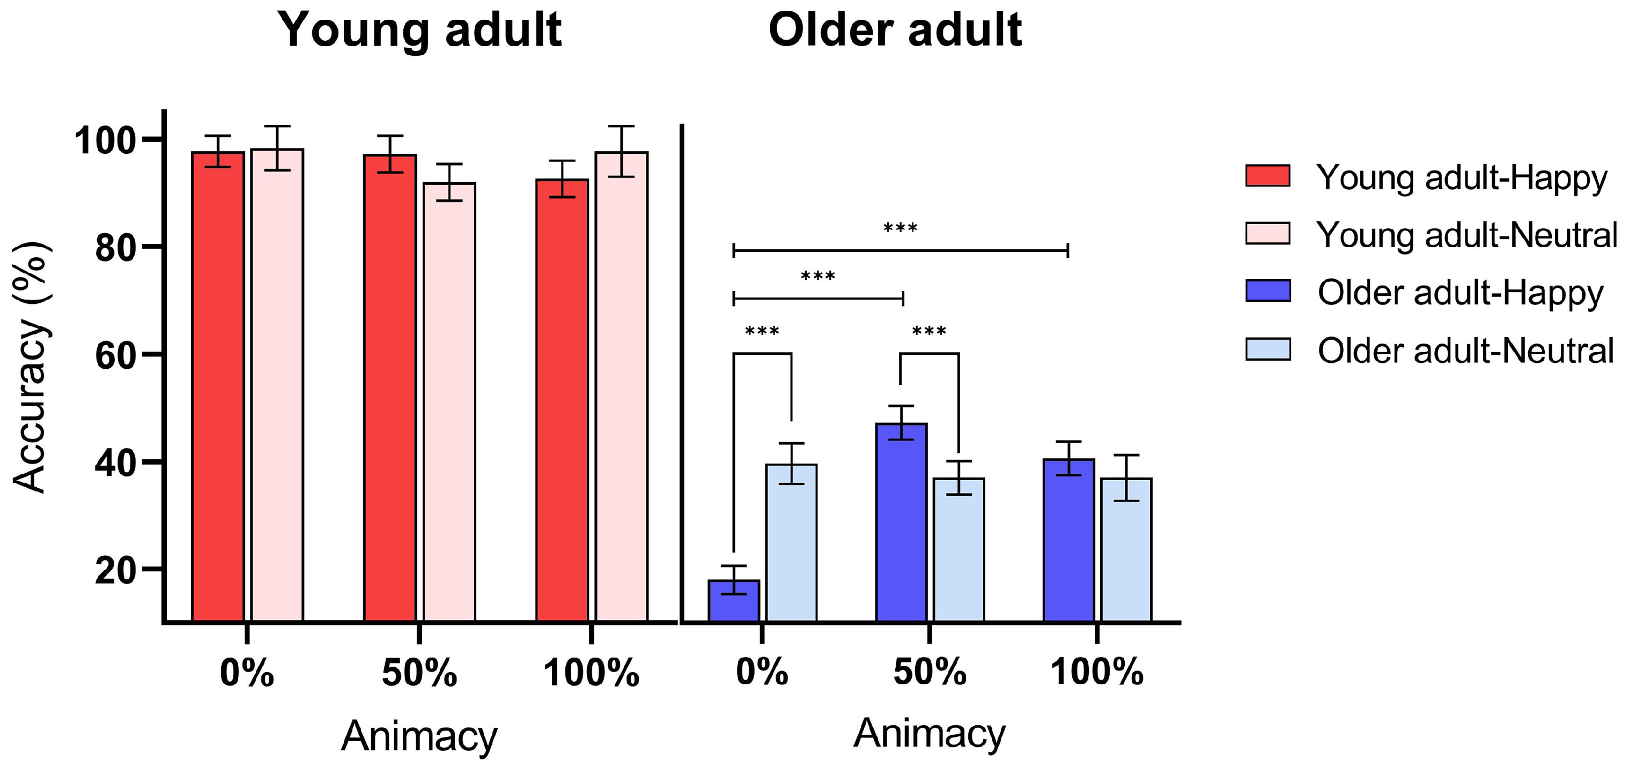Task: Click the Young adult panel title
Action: click(x=420, y=31)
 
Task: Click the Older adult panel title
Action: click(x=895, y=31)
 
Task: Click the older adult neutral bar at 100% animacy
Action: click(x=1126, y=549)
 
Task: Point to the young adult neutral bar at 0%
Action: click(x=277, y=385)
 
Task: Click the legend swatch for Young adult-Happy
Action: click(x=1267, y=176)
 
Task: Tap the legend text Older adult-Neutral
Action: click(x=1466, y=351)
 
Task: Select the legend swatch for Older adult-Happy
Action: click(x=1267, y=292)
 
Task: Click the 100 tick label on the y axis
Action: click(x=106, y=140)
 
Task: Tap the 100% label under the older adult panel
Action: click(x=1096, y=672)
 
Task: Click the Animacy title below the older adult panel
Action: click(x=929, y=733)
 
